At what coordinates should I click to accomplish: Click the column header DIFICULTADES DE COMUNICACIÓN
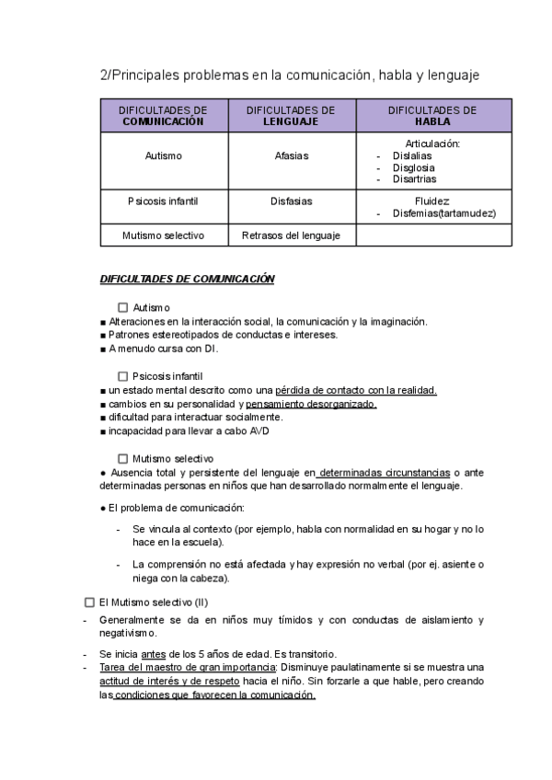coord(163,115)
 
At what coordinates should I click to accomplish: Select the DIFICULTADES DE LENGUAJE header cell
coord(291,115)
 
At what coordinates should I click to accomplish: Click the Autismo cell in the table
coord(163,156)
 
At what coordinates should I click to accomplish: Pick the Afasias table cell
coord(291,156)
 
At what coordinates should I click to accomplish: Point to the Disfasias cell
coord(291,201)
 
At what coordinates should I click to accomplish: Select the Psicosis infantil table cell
coord(163,201)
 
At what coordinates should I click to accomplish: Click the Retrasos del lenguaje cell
coord(291,235)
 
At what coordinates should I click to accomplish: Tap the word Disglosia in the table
coord(414,167)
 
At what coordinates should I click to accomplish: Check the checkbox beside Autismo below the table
coord(123,307)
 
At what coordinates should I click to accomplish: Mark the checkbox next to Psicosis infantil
coord(123,376)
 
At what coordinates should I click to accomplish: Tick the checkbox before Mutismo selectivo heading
coord(123,458)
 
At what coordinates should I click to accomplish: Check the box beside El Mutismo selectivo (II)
coord(89,602)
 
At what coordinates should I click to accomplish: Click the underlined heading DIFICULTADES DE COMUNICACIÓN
coord(187,279)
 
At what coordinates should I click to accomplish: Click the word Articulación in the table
coord(432,143)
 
